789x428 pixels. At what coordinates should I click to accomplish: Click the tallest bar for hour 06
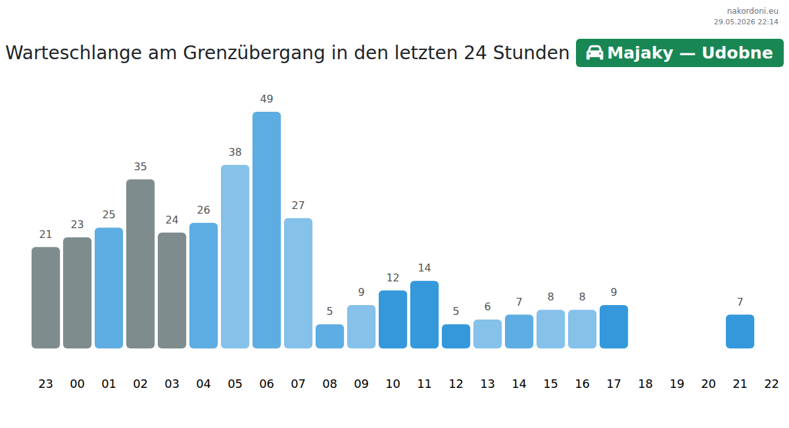click(x=267, y=230)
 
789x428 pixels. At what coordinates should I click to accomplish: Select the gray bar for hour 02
click(x=140, y=264)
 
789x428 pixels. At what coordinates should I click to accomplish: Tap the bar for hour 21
click(x=740, y=331)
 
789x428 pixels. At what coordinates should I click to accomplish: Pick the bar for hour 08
click(x=329, y=337)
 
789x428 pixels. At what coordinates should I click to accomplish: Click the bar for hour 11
click(x=425, y=314)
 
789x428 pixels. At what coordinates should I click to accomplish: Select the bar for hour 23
click(x=46, y=298)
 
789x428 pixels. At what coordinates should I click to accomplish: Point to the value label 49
click(x=267, y=99)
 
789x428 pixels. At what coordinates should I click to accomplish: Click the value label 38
click(x=235, y=152)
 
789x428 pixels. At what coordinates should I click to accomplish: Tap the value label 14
click(x=425, y=268)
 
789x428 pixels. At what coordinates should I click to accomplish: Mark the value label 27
click(x=298, y=205)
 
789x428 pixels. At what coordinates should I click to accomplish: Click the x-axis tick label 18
click(x=645, y=383)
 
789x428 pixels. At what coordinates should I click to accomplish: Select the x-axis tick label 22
click(x=771, y=383)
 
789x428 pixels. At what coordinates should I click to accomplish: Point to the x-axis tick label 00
click(x=77, y=383)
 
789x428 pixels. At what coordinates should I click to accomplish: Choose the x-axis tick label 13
click(x=487, y=383)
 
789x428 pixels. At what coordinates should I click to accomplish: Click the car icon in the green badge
click(x=594, y=53)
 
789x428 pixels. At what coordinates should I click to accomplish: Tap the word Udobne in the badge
click(x=737, y=53)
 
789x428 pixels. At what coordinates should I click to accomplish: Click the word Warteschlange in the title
click(x=74, y=53)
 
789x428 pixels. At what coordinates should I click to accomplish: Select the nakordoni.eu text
click(x=752, y=11)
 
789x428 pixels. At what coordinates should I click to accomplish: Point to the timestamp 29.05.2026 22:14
click(x=746, y=22)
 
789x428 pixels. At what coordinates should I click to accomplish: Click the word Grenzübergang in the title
click(x=254, y=53)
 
